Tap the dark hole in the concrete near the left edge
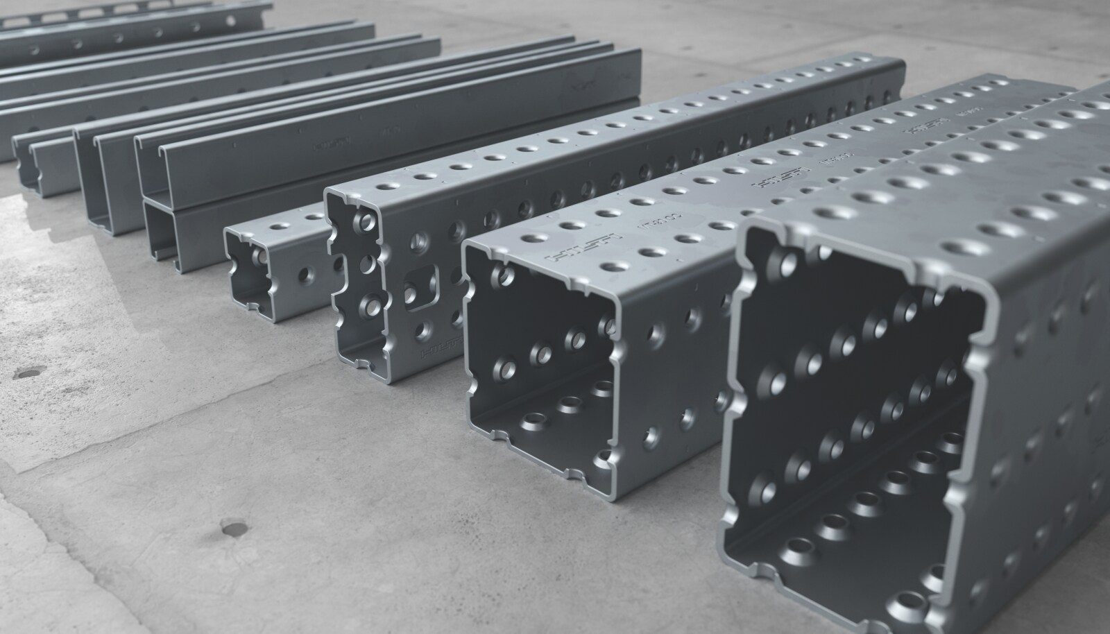click(28, 372)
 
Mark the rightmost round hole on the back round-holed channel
click(229, 23)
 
